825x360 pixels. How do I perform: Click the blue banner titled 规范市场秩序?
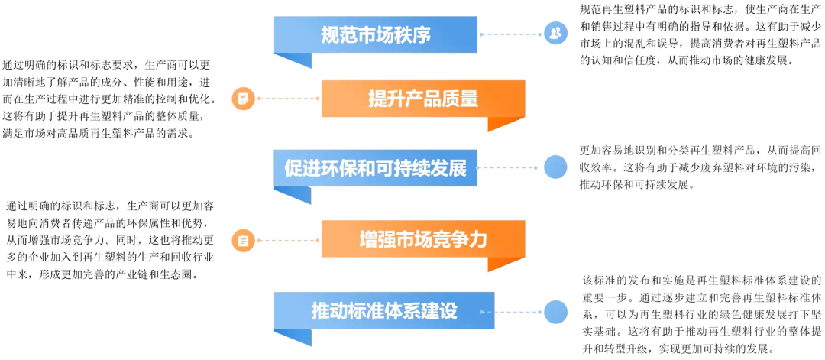pos(375,34)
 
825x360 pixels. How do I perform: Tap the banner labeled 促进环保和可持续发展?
pos(375,167)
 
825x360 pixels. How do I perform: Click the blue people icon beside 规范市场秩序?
pos(555,34)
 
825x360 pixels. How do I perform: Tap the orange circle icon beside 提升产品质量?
pos(243,99)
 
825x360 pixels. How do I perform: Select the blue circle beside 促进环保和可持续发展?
pos(555,167)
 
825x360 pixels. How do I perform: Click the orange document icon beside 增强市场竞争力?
pos(243,240)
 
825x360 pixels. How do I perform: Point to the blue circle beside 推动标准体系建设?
pos(555,311)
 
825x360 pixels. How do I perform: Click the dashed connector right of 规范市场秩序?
pos(510,34)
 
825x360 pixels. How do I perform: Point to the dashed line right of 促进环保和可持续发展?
pos(510,167)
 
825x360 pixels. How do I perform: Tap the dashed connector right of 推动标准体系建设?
pos(510,311)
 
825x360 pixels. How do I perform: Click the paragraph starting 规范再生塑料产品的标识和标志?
pos(700,34)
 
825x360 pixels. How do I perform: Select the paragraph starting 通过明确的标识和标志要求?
pos(109,99)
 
